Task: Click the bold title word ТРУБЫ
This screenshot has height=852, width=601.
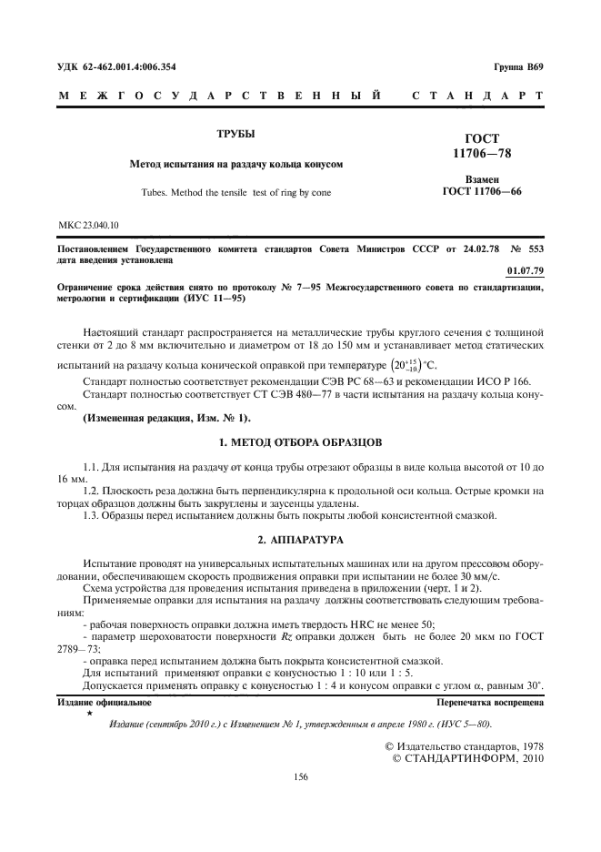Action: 235,134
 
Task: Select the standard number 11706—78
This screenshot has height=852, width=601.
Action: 482,154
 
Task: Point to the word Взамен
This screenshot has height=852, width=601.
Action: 482,180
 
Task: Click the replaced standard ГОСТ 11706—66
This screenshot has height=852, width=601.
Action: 482,192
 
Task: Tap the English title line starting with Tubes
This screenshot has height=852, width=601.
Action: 235,193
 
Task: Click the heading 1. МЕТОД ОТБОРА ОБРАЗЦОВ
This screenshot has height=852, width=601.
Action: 300,441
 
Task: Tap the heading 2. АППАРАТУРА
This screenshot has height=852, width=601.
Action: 300,540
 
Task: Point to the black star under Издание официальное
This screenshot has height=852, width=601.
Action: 89,715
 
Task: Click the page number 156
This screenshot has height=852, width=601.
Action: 300,776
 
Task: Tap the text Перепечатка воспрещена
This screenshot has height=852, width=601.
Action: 490,704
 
